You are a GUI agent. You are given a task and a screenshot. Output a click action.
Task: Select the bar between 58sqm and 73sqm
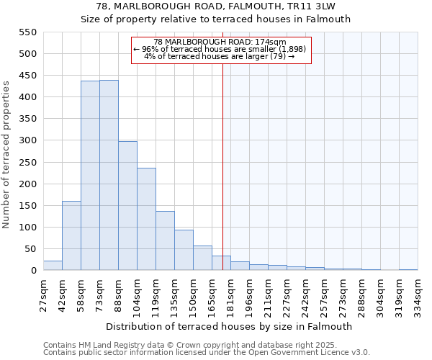90,176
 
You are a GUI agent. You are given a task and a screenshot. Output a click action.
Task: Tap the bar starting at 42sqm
71,235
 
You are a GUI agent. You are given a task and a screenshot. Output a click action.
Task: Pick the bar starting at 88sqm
127,206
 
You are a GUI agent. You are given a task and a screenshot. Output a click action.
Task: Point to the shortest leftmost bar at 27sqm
53,266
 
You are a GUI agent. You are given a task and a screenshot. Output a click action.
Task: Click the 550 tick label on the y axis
27,32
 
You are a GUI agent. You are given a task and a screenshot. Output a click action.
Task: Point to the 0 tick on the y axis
33,271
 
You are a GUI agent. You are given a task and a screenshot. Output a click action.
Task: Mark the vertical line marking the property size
222,166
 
